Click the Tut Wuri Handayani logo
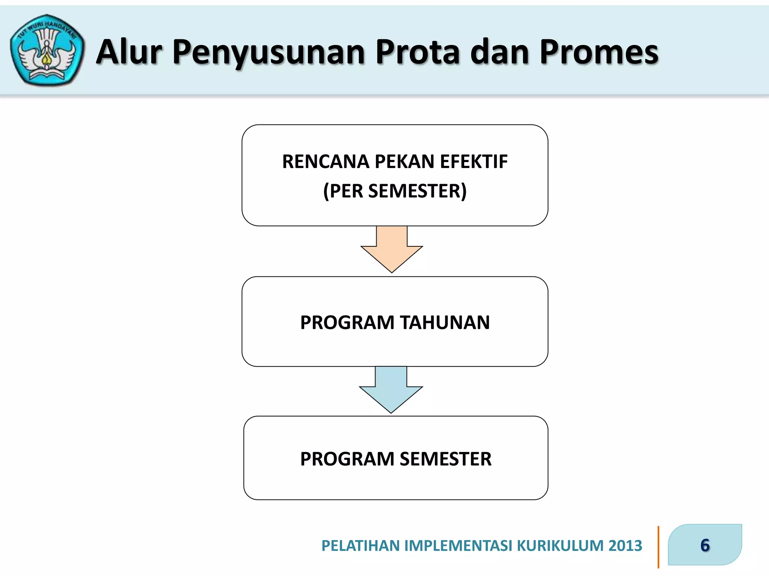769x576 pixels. pos(47,50)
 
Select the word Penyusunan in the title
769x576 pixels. pos(268,52)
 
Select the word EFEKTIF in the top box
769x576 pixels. pos(474,162)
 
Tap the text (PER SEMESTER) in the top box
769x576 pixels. pos(395,191)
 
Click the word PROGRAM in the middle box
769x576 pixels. pos(347,322)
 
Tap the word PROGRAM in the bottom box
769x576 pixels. pos(347,459)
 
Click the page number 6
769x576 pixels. pos(705,545)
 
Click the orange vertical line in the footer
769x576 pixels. pos(658,547)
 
